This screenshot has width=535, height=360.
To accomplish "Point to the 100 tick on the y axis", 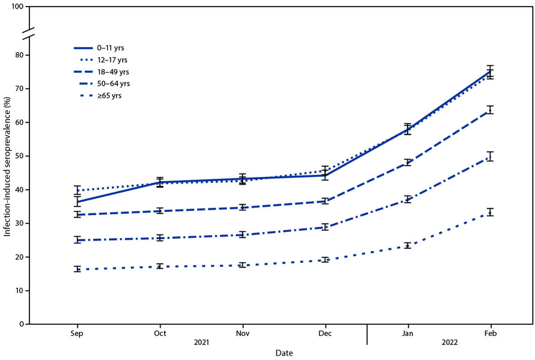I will [x=18, y=8].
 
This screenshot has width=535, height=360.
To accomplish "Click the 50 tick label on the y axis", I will [x=20, y=156].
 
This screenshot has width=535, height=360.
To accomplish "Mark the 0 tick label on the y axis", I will [x=22, y=324].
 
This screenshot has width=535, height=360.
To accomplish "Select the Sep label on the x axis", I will [x=77, y=333].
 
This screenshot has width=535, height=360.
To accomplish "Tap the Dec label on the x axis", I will [x=325, y=333].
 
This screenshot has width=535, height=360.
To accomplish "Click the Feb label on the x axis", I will [x=490, y=333].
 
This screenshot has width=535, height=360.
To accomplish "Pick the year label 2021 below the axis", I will [x=201, y=344].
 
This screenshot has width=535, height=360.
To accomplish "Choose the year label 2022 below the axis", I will [x=449, y=344].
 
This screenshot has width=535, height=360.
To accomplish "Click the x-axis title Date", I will [x=284, y=353].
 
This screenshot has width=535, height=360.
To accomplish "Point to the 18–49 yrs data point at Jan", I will [x=407, y=162].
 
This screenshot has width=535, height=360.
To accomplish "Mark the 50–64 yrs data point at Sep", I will [x=77, y=240].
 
